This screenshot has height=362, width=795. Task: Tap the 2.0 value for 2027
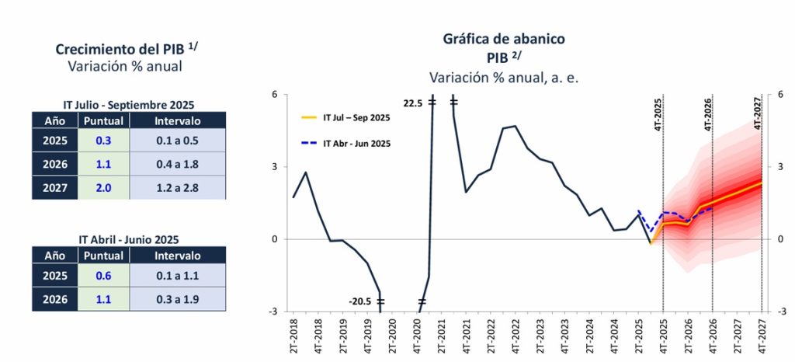click(104, 188)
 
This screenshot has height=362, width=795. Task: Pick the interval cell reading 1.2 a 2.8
click(177, 188)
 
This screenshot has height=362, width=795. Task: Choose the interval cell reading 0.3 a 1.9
click(177, 298)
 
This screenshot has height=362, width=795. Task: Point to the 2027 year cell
click(55, 188)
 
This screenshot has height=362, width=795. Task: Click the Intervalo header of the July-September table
click(177, 120)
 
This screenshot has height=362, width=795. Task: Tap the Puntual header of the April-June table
click(104, 254)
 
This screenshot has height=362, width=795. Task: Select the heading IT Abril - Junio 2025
click(128, 239)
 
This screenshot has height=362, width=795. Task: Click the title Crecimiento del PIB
click(128, 50)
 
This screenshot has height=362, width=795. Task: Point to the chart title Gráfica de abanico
click(504, 38)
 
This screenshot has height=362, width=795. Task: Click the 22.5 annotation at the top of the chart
click(415, 102)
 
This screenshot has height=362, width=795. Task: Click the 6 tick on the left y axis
click(274, 95)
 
